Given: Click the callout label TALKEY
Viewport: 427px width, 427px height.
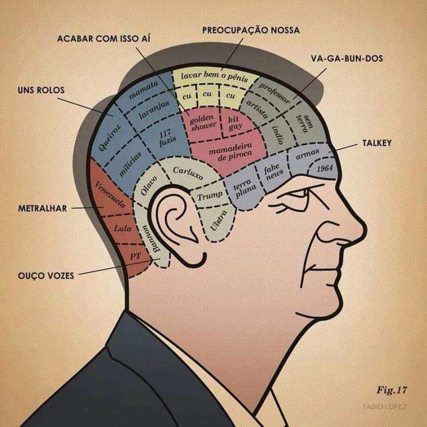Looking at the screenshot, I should (377, 143).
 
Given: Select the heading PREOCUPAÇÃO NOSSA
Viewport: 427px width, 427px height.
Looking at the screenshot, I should (251, 30).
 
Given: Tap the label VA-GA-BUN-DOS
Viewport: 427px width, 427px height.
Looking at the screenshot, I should (347, 58).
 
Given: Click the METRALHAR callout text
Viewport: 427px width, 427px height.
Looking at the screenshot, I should (42, 208).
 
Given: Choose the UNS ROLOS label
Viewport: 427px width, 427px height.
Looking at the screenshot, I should (41, 91).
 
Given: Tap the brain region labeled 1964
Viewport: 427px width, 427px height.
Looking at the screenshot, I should (325, 169).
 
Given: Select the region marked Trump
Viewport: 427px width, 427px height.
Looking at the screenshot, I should (210, 196).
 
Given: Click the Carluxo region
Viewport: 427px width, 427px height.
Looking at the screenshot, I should (188, 173).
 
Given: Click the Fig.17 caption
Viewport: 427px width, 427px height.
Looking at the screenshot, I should (391, 390).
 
